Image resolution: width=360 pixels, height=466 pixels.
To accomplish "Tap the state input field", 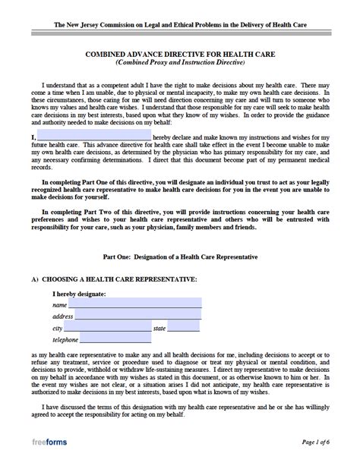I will tap(184, 328).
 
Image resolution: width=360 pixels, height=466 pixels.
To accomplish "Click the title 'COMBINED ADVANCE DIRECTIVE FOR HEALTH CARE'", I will tap(180, 54).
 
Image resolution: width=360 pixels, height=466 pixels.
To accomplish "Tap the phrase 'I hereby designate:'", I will tap(79, 292).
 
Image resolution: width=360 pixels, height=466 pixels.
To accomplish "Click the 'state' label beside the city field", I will tap(159, 329).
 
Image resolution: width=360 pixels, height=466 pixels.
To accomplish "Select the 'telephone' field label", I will tap(66, 341).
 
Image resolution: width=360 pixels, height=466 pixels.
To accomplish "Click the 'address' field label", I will tap(62, 316).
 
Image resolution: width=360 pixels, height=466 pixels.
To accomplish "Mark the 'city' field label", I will tap(57, 329).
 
